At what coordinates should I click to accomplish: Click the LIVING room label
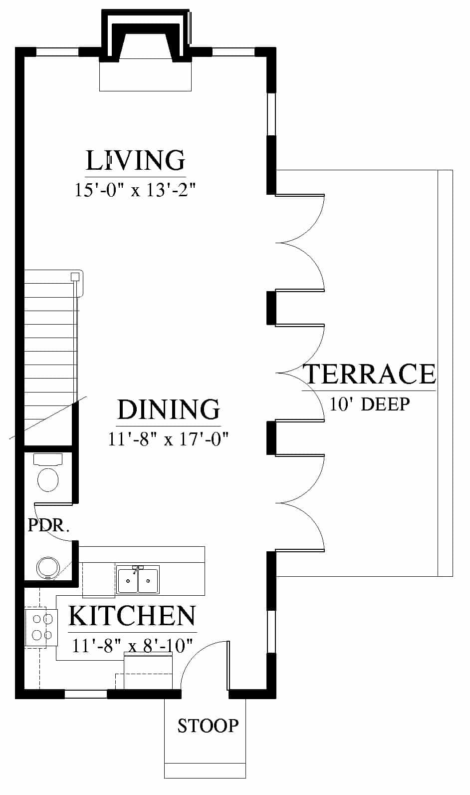[x=136, y=160]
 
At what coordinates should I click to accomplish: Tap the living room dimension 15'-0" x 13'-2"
[x=135, y=190]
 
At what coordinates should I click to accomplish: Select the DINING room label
[x=169, y=409]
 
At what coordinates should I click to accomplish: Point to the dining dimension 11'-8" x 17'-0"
[x=168, y=439]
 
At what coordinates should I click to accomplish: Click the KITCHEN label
[x=132, y=616]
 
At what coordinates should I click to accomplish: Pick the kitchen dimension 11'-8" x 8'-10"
[x=132, y=646]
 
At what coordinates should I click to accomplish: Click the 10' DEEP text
[x=370, y=404]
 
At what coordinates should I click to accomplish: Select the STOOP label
[x=208, y=726]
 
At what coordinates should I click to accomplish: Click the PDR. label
[x=48, y=526]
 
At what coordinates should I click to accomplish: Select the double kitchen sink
[x=138, y=580]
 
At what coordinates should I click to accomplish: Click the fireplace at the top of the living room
[x=145, y=50]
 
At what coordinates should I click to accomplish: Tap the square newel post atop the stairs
[x=75, y=277]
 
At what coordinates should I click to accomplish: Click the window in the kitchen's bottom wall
[x=85, y=694]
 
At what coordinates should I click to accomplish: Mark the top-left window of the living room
[x=57, y=52]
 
